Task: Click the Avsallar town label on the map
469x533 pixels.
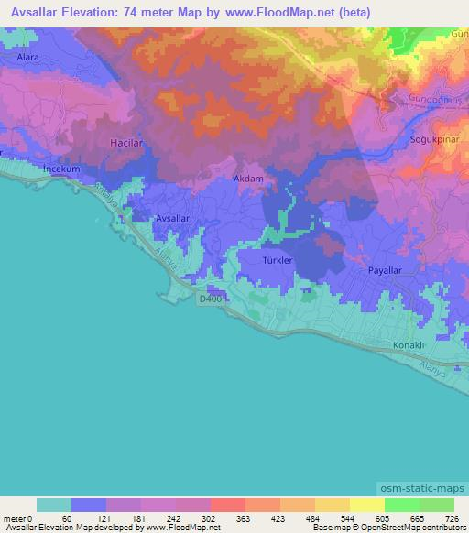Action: click(x=173, y=218)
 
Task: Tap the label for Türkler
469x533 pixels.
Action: click(x=277, y=260)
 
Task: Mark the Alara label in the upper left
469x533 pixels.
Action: click(x=27, y=57)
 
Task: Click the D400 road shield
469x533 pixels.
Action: click(x=208, y=299)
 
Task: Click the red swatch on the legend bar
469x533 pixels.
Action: click(x=227, y=505)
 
